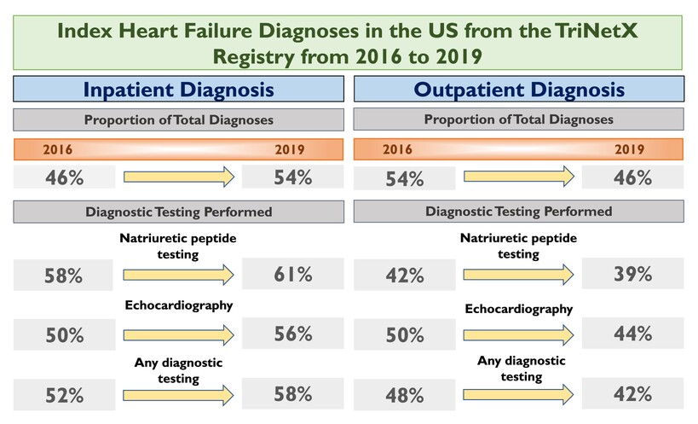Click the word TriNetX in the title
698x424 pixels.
coord(597,31)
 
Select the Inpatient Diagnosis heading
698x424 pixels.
coord(178,89)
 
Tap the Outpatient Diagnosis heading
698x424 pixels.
coord(519,89)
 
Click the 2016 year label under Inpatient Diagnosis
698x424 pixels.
coord(57,149)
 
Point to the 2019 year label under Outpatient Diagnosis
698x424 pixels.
coord(630,148)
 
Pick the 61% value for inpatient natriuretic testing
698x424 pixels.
coord(293,274)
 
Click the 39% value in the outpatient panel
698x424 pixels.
coord(632,274)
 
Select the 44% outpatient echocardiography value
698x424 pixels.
coord(632,333)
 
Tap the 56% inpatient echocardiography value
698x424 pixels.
coord(293,334)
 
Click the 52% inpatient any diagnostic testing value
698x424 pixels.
coord(64,395)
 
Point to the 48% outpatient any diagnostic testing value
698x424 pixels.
coord(405,395)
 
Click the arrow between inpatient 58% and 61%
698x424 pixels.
coord(178,275)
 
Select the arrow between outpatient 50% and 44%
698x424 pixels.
coord(519,335)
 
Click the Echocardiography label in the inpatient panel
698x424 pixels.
coord(178,305)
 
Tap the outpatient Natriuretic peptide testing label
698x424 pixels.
coord(519,246)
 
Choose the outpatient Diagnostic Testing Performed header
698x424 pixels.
coord(519,211)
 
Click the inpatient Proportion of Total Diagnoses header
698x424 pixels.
coord(178,119)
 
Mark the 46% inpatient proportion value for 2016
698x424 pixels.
coord(64,177)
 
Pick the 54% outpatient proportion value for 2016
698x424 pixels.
coord(405,178)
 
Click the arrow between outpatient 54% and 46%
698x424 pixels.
coord(519,177)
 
